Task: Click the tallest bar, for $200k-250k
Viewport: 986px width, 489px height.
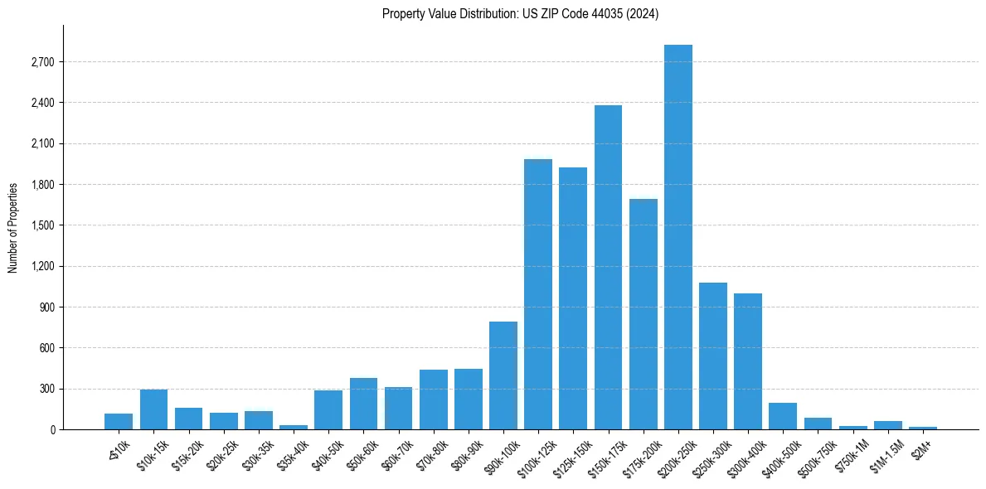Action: (x=678, y=237)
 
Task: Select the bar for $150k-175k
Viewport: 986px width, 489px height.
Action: (x=608, y=267)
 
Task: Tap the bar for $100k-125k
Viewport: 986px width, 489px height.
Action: (x=538, y=294)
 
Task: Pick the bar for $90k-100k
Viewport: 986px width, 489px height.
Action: (x=503, y=375)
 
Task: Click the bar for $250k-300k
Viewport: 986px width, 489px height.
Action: (x=713, y=356)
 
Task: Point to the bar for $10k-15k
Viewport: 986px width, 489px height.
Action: (x=154, y=409)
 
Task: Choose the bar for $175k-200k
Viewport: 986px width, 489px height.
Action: (x=643, y=314)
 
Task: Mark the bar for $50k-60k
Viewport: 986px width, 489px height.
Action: (x=363, y=404)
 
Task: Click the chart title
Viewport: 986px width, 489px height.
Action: (x=520, y=14)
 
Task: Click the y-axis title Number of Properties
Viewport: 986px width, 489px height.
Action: (x=13, y=227)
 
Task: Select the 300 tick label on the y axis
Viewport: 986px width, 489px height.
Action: (x=45, y=389)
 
